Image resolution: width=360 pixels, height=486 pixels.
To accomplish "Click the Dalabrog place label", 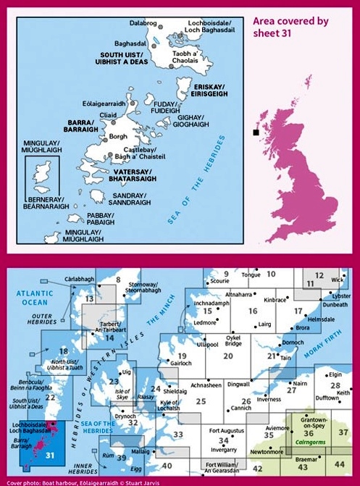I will point(142,22).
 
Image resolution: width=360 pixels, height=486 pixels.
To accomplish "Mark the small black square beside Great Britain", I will point(255,133).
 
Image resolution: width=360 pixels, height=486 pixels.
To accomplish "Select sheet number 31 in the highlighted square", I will point(49,455).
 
